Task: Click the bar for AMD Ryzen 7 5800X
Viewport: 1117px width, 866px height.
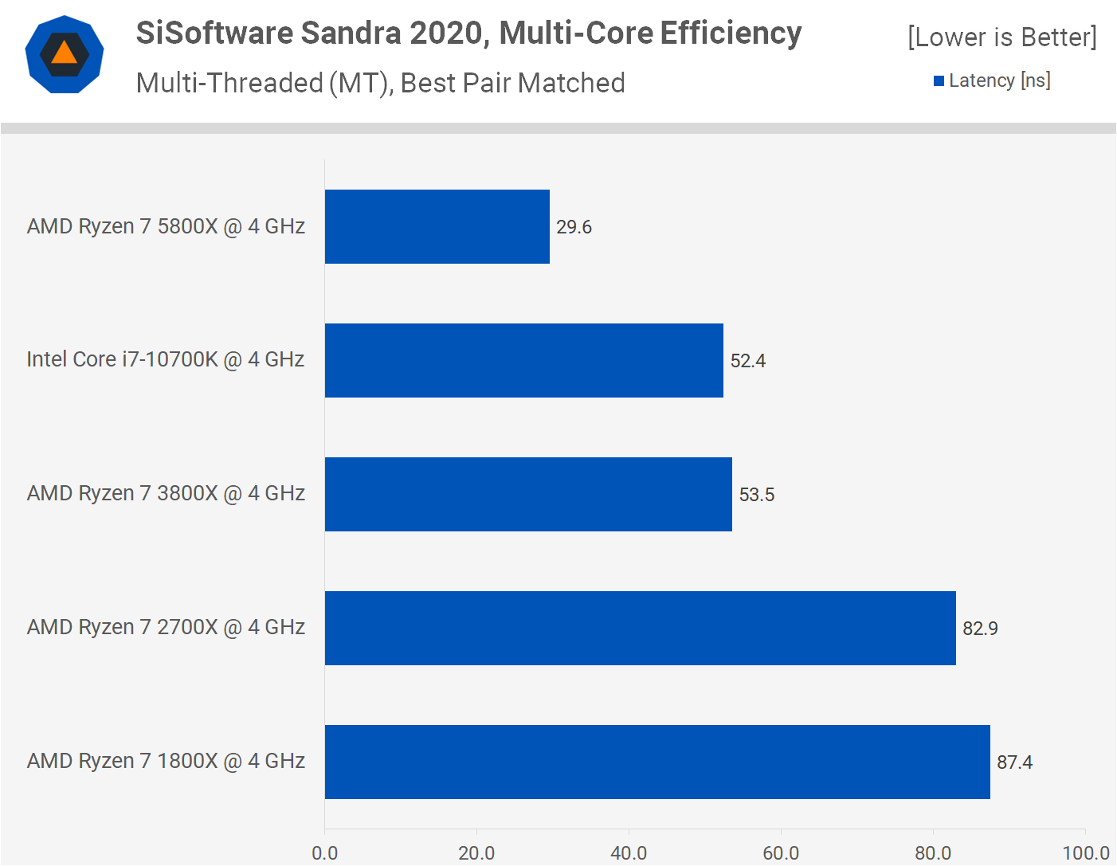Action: (437, 226)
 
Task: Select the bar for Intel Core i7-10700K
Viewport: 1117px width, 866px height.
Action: (524, 360)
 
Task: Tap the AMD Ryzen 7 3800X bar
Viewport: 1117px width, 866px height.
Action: (528, 494)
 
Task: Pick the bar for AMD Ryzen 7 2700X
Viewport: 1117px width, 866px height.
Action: (641, 628)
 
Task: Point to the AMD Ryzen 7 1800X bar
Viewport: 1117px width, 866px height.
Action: (657, 762)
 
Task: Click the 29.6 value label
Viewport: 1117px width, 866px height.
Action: (574, 227)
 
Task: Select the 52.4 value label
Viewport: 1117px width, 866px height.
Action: (747, 361)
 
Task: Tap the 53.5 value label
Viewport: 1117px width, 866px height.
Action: (756, 495)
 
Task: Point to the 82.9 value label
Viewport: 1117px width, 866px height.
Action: (980, 629)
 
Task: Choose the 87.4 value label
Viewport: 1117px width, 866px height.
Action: (1014, 762)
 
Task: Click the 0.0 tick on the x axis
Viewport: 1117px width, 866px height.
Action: (325, 853)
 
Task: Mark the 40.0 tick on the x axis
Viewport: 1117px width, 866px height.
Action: (629, 853)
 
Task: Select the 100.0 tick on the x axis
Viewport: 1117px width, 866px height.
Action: (1085, 853)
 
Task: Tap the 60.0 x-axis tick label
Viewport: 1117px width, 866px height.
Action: (781, 853)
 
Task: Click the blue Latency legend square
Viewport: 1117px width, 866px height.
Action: (939, 80)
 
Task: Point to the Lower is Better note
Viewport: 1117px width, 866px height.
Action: (1001, 37)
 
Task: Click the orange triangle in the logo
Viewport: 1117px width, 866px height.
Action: (65, 53)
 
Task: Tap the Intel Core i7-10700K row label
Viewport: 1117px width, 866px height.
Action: (166, 359)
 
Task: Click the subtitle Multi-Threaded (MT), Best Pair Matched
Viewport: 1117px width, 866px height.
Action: (380, 83)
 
